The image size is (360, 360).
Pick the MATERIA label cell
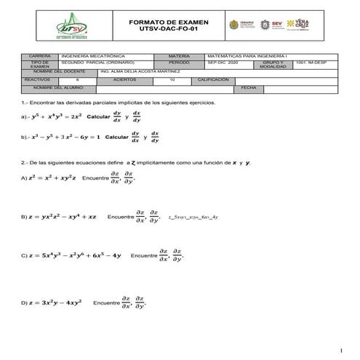(179, 56)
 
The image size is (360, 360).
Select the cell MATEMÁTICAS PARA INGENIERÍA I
(246, 56)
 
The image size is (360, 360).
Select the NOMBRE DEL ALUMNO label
(55, 88)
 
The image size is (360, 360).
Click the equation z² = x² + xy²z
(52, 177)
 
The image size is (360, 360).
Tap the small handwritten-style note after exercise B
(193, 217)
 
